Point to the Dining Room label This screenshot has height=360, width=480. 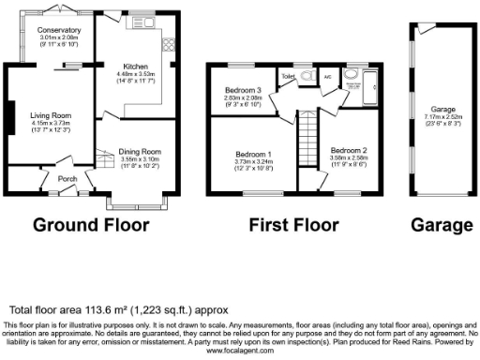(140, 151)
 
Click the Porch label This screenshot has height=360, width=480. (67, 179)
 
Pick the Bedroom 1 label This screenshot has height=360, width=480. (253, 154)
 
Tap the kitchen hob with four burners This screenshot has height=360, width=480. (170, 44)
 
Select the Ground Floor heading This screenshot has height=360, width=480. (91, 225)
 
